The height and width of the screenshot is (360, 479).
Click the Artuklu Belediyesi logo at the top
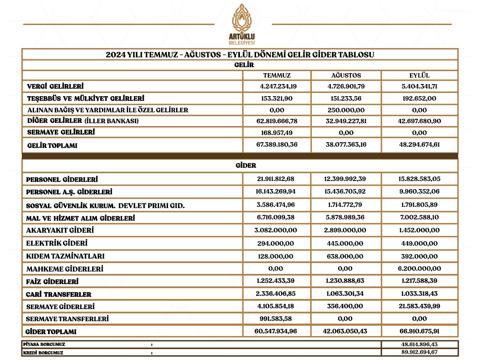[242, 24]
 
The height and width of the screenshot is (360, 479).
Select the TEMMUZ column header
[277, 76]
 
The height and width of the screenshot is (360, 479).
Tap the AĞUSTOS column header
[346, 76]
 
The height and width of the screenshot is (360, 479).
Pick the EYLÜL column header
[419, 76]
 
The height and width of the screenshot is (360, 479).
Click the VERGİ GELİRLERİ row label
[55, 86]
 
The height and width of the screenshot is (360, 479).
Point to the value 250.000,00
[346, 110]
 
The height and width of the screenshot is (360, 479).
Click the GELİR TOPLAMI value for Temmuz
[277, 145]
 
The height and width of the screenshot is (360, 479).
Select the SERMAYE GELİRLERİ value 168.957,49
[277, 133]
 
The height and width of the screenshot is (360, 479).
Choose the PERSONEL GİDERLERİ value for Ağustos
[346, 179]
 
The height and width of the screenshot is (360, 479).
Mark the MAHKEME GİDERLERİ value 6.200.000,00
[419, 268]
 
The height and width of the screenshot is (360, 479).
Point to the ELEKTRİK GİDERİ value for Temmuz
[277, 244]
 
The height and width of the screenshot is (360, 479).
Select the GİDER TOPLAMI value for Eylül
[419, 331]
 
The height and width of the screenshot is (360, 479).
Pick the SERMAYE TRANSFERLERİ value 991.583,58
[277, 319]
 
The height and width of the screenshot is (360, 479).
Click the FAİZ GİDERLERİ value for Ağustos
[346, 281]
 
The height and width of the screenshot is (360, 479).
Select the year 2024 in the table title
[114, 55]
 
